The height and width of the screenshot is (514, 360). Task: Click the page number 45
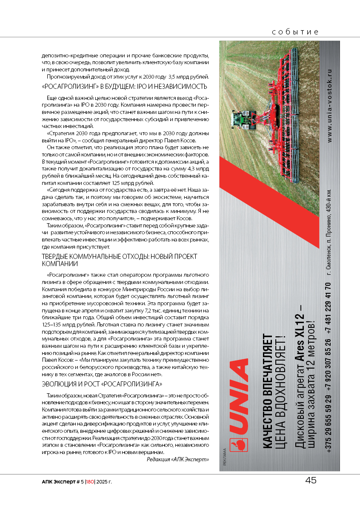tap(311, 480)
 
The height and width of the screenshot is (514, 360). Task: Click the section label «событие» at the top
tap(296, 32)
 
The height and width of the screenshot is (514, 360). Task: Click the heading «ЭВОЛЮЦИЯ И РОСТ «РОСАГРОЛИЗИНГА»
tap(102, 384)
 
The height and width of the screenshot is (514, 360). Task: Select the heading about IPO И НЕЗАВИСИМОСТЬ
tap(124, 87)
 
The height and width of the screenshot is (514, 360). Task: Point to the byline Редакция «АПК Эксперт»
tap(178, 460)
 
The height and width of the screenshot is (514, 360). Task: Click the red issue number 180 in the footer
tap(90, 482)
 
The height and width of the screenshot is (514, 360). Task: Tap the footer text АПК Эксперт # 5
tap(62, 482)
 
